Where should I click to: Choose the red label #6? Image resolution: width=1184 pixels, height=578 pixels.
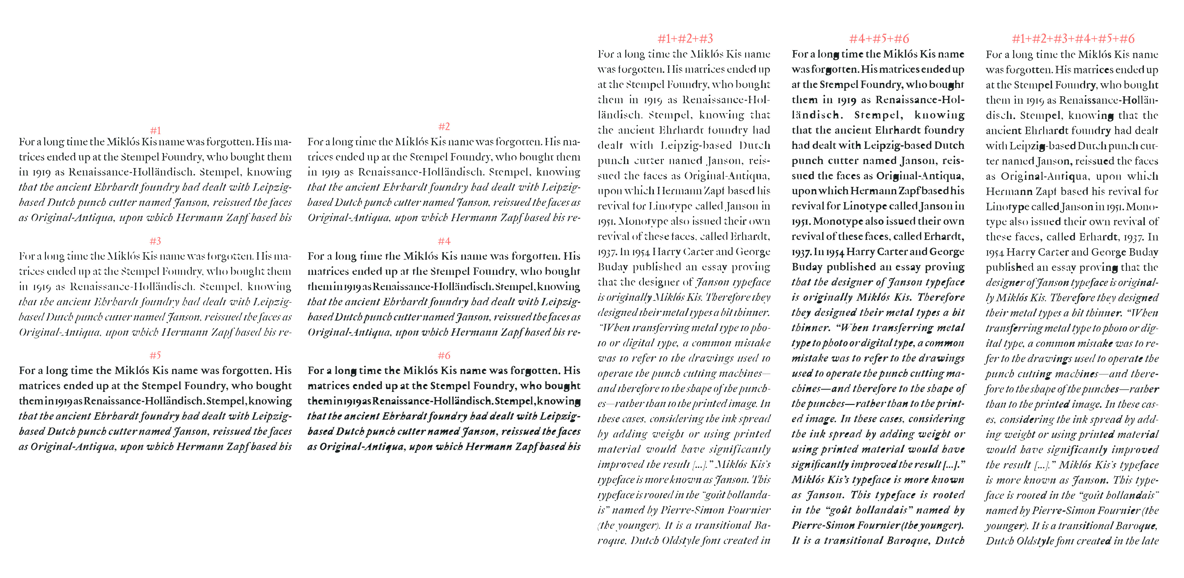pos(444,355)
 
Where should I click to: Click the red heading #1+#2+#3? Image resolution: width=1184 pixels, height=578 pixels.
pos(685,39)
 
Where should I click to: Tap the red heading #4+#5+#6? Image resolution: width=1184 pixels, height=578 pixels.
pos(879,39)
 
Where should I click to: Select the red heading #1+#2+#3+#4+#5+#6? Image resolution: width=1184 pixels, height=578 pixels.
pos(1073,39)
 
